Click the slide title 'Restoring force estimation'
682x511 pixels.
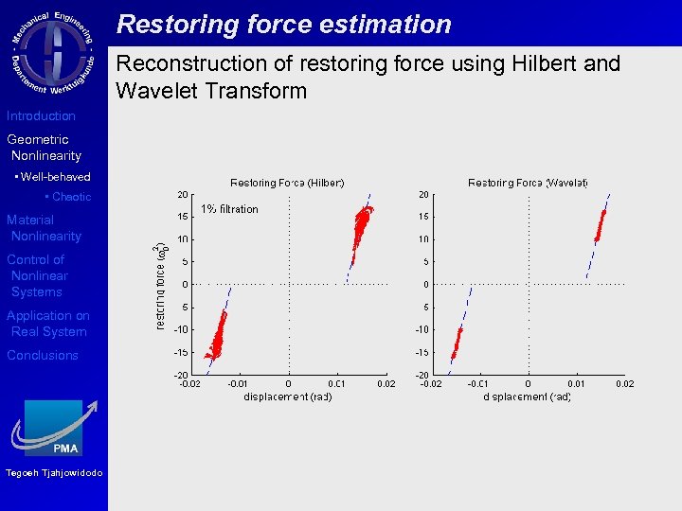point(283,24)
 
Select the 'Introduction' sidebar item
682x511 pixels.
point(41,115)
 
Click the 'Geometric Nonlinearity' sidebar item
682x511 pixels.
point(44,148)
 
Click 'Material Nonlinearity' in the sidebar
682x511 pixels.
point(44,228)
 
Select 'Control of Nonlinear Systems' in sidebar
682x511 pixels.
point(38,275)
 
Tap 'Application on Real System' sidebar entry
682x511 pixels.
point(47,324)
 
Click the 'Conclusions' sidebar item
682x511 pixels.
point(43,355)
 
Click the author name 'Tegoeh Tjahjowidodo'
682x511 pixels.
point(53,473)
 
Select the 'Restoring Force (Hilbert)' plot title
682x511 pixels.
point(287,183)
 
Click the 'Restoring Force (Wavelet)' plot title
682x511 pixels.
point(528,183)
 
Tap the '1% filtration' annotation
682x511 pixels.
point(228,209)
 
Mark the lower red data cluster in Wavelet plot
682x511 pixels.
point(458,342)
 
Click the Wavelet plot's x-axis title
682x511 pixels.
point(528,396)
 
